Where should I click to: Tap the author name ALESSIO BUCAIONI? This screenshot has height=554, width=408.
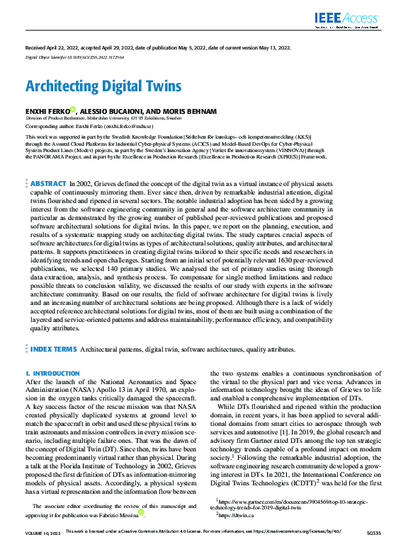click(113, 111)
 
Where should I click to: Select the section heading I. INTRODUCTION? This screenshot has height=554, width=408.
click(52, 373)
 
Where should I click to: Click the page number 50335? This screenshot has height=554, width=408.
click(373, 549)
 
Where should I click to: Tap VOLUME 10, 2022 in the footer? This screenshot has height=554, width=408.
click(43, 549)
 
